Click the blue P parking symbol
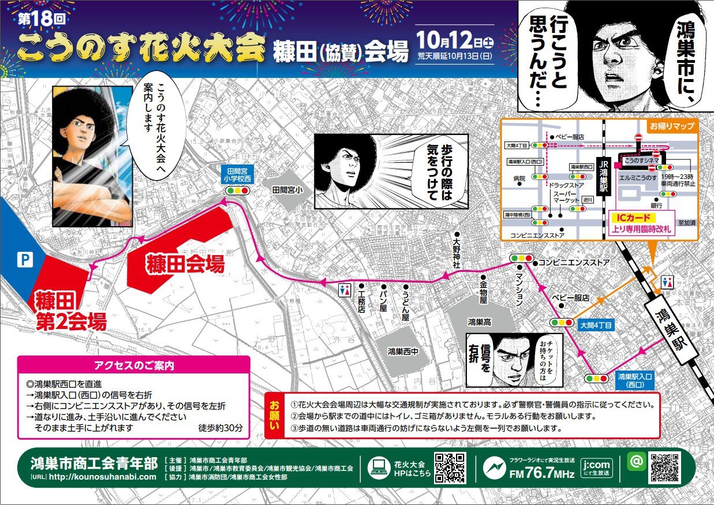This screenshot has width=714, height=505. (24, 260)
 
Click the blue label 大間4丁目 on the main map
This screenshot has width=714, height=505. (595, 326)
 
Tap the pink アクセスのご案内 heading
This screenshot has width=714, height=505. (134, 365)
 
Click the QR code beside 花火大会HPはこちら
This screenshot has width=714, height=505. (450, 468)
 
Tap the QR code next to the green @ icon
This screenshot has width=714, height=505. (665, 467)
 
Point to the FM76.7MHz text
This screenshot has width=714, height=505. (541, 474)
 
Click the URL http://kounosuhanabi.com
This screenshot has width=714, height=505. (103, 477)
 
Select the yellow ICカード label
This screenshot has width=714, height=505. (631, 218)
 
